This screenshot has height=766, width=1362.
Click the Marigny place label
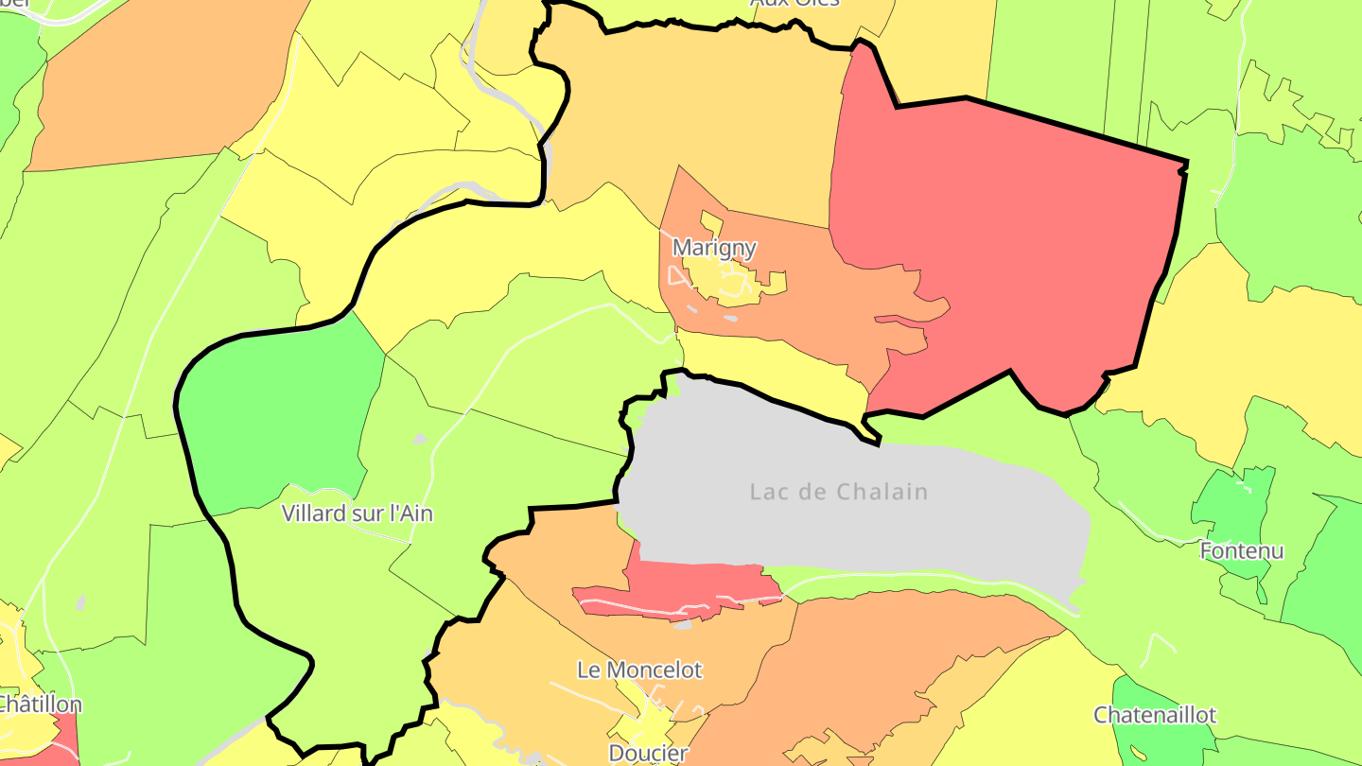714,249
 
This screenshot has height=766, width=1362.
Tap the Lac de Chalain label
838,492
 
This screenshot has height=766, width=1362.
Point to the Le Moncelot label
639,670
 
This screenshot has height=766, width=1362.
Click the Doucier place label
648,754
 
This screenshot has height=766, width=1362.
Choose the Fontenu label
1241,550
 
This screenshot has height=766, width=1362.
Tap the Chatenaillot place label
1155,715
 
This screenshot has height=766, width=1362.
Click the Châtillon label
40,705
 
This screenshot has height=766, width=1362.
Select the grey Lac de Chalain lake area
851,530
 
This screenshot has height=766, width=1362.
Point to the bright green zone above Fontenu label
1234,501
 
